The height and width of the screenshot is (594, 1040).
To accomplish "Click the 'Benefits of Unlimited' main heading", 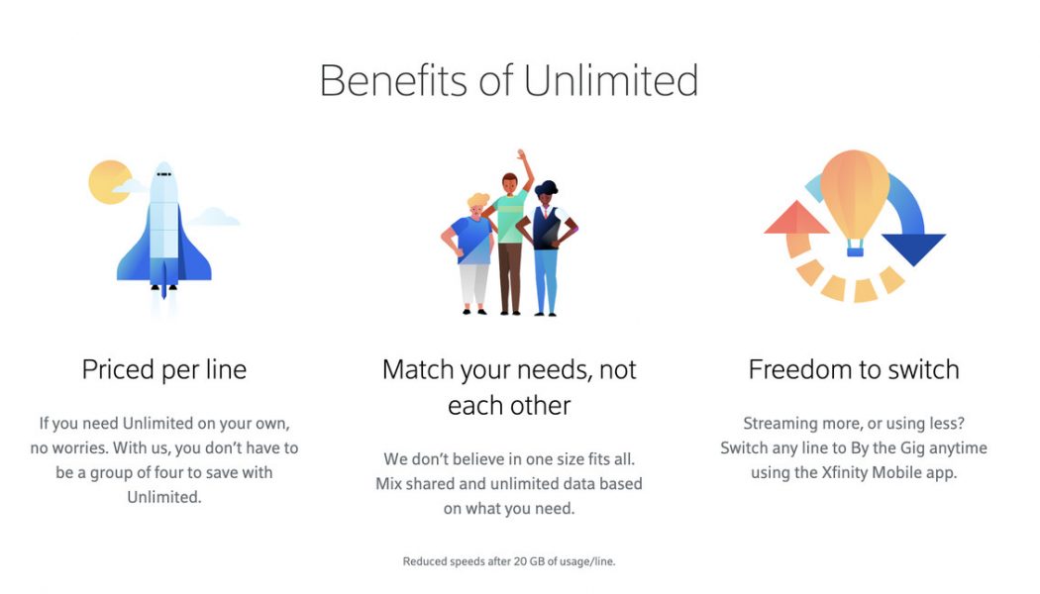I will (508, 80).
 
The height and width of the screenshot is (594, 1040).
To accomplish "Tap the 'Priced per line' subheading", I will (164, 370).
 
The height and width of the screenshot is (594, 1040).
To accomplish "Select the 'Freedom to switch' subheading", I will (854, 370).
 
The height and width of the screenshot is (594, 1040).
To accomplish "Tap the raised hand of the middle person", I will (520, 158).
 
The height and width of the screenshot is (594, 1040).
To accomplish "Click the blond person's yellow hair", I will (479, 201).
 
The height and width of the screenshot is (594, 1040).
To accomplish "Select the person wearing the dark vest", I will (546, 243).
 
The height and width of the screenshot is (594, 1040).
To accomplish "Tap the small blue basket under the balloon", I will (854, 251).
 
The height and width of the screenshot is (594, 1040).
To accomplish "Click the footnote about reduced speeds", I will (508, 561).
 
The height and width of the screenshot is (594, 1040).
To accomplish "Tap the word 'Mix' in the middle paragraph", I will (388, 484).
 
